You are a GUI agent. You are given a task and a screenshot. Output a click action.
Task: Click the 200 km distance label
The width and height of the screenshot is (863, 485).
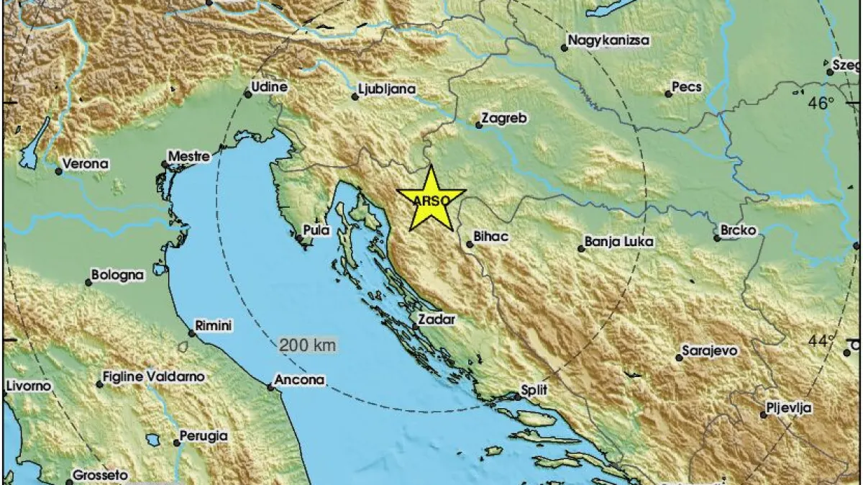[308, 345]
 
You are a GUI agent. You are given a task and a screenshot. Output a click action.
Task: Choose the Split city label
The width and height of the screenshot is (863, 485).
[535, 390]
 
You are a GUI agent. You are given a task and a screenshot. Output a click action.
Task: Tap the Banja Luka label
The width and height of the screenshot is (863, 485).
[619, 242]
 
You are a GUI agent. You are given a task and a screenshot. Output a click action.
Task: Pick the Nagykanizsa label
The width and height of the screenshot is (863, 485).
[608, 40]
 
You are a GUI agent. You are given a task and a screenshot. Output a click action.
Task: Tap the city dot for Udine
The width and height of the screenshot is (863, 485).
[247, 94]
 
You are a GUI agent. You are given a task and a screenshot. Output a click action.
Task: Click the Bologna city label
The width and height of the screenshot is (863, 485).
[119, 275]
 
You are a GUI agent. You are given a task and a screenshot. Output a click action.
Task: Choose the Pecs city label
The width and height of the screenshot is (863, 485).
[687, 88]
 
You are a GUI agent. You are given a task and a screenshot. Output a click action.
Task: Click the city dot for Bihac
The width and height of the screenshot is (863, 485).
[469, 245]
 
